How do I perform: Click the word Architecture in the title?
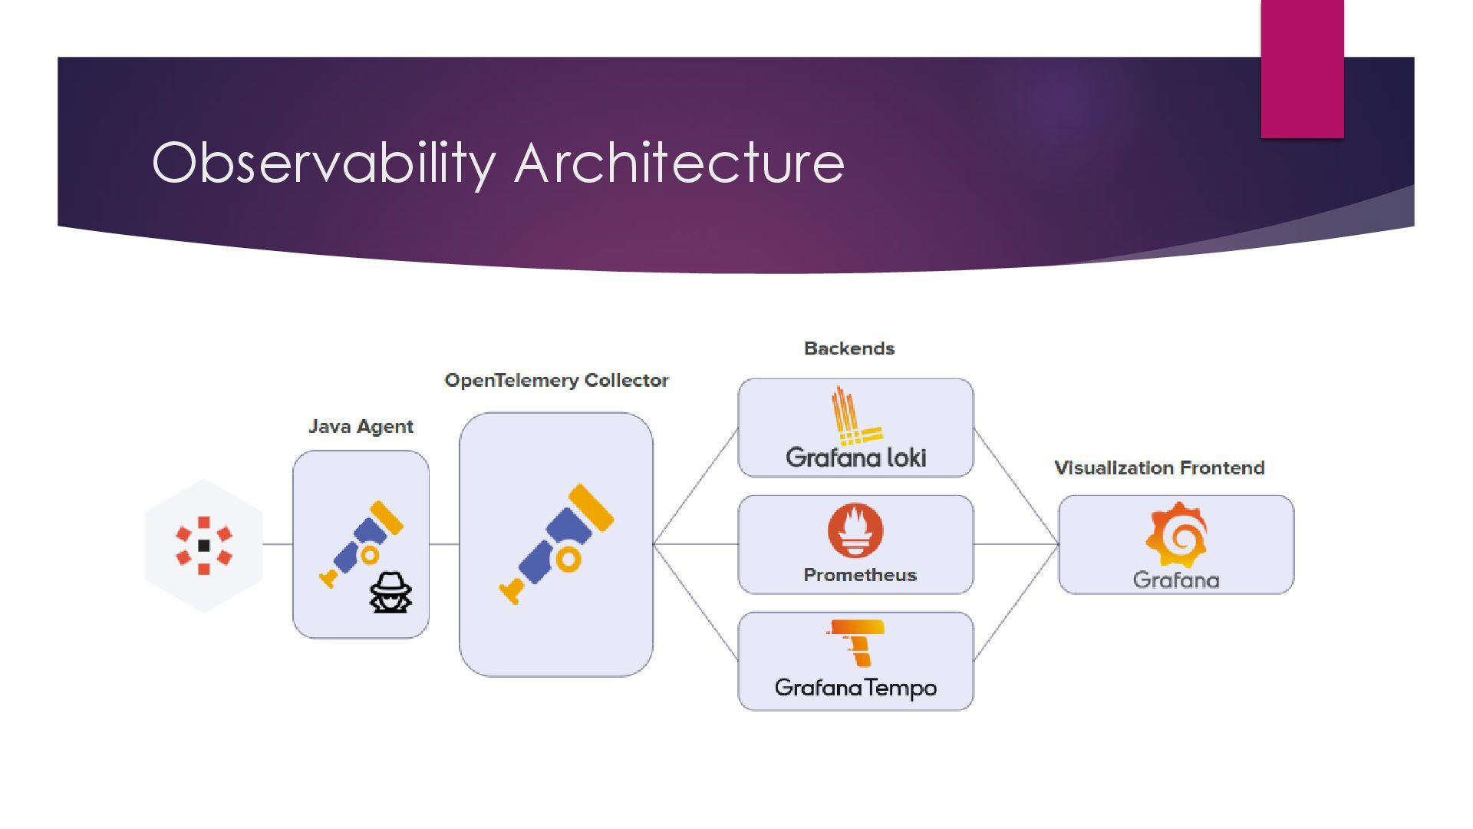coord(679,163)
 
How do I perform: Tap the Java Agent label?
coord(361,427)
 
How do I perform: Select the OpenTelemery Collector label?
coord(556,381)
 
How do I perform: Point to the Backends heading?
coord(849,348)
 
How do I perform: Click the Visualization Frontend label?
coord(1159,468)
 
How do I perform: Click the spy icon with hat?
coord(390,593)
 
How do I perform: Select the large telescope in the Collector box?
coord(556,543)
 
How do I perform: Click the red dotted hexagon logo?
coord(204,546)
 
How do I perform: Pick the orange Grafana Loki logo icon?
coord(852,416)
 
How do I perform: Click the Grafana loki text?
coord(855,457)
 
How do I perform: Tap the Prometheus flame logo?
coord(855,530)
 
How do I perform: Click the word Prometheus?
coord(860,575)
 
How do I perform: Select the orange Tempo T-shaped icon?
coord(858,642)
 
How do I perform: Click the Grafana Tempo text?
coord(855,687)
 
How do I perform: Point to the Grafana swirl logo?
coord(1176,534)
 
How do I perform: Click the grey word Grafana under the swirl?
coord(1176,580)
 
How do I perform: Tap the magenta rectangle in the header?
coord(1302,69)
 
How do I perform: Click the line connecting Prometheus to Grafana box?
coord(1016,544)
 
